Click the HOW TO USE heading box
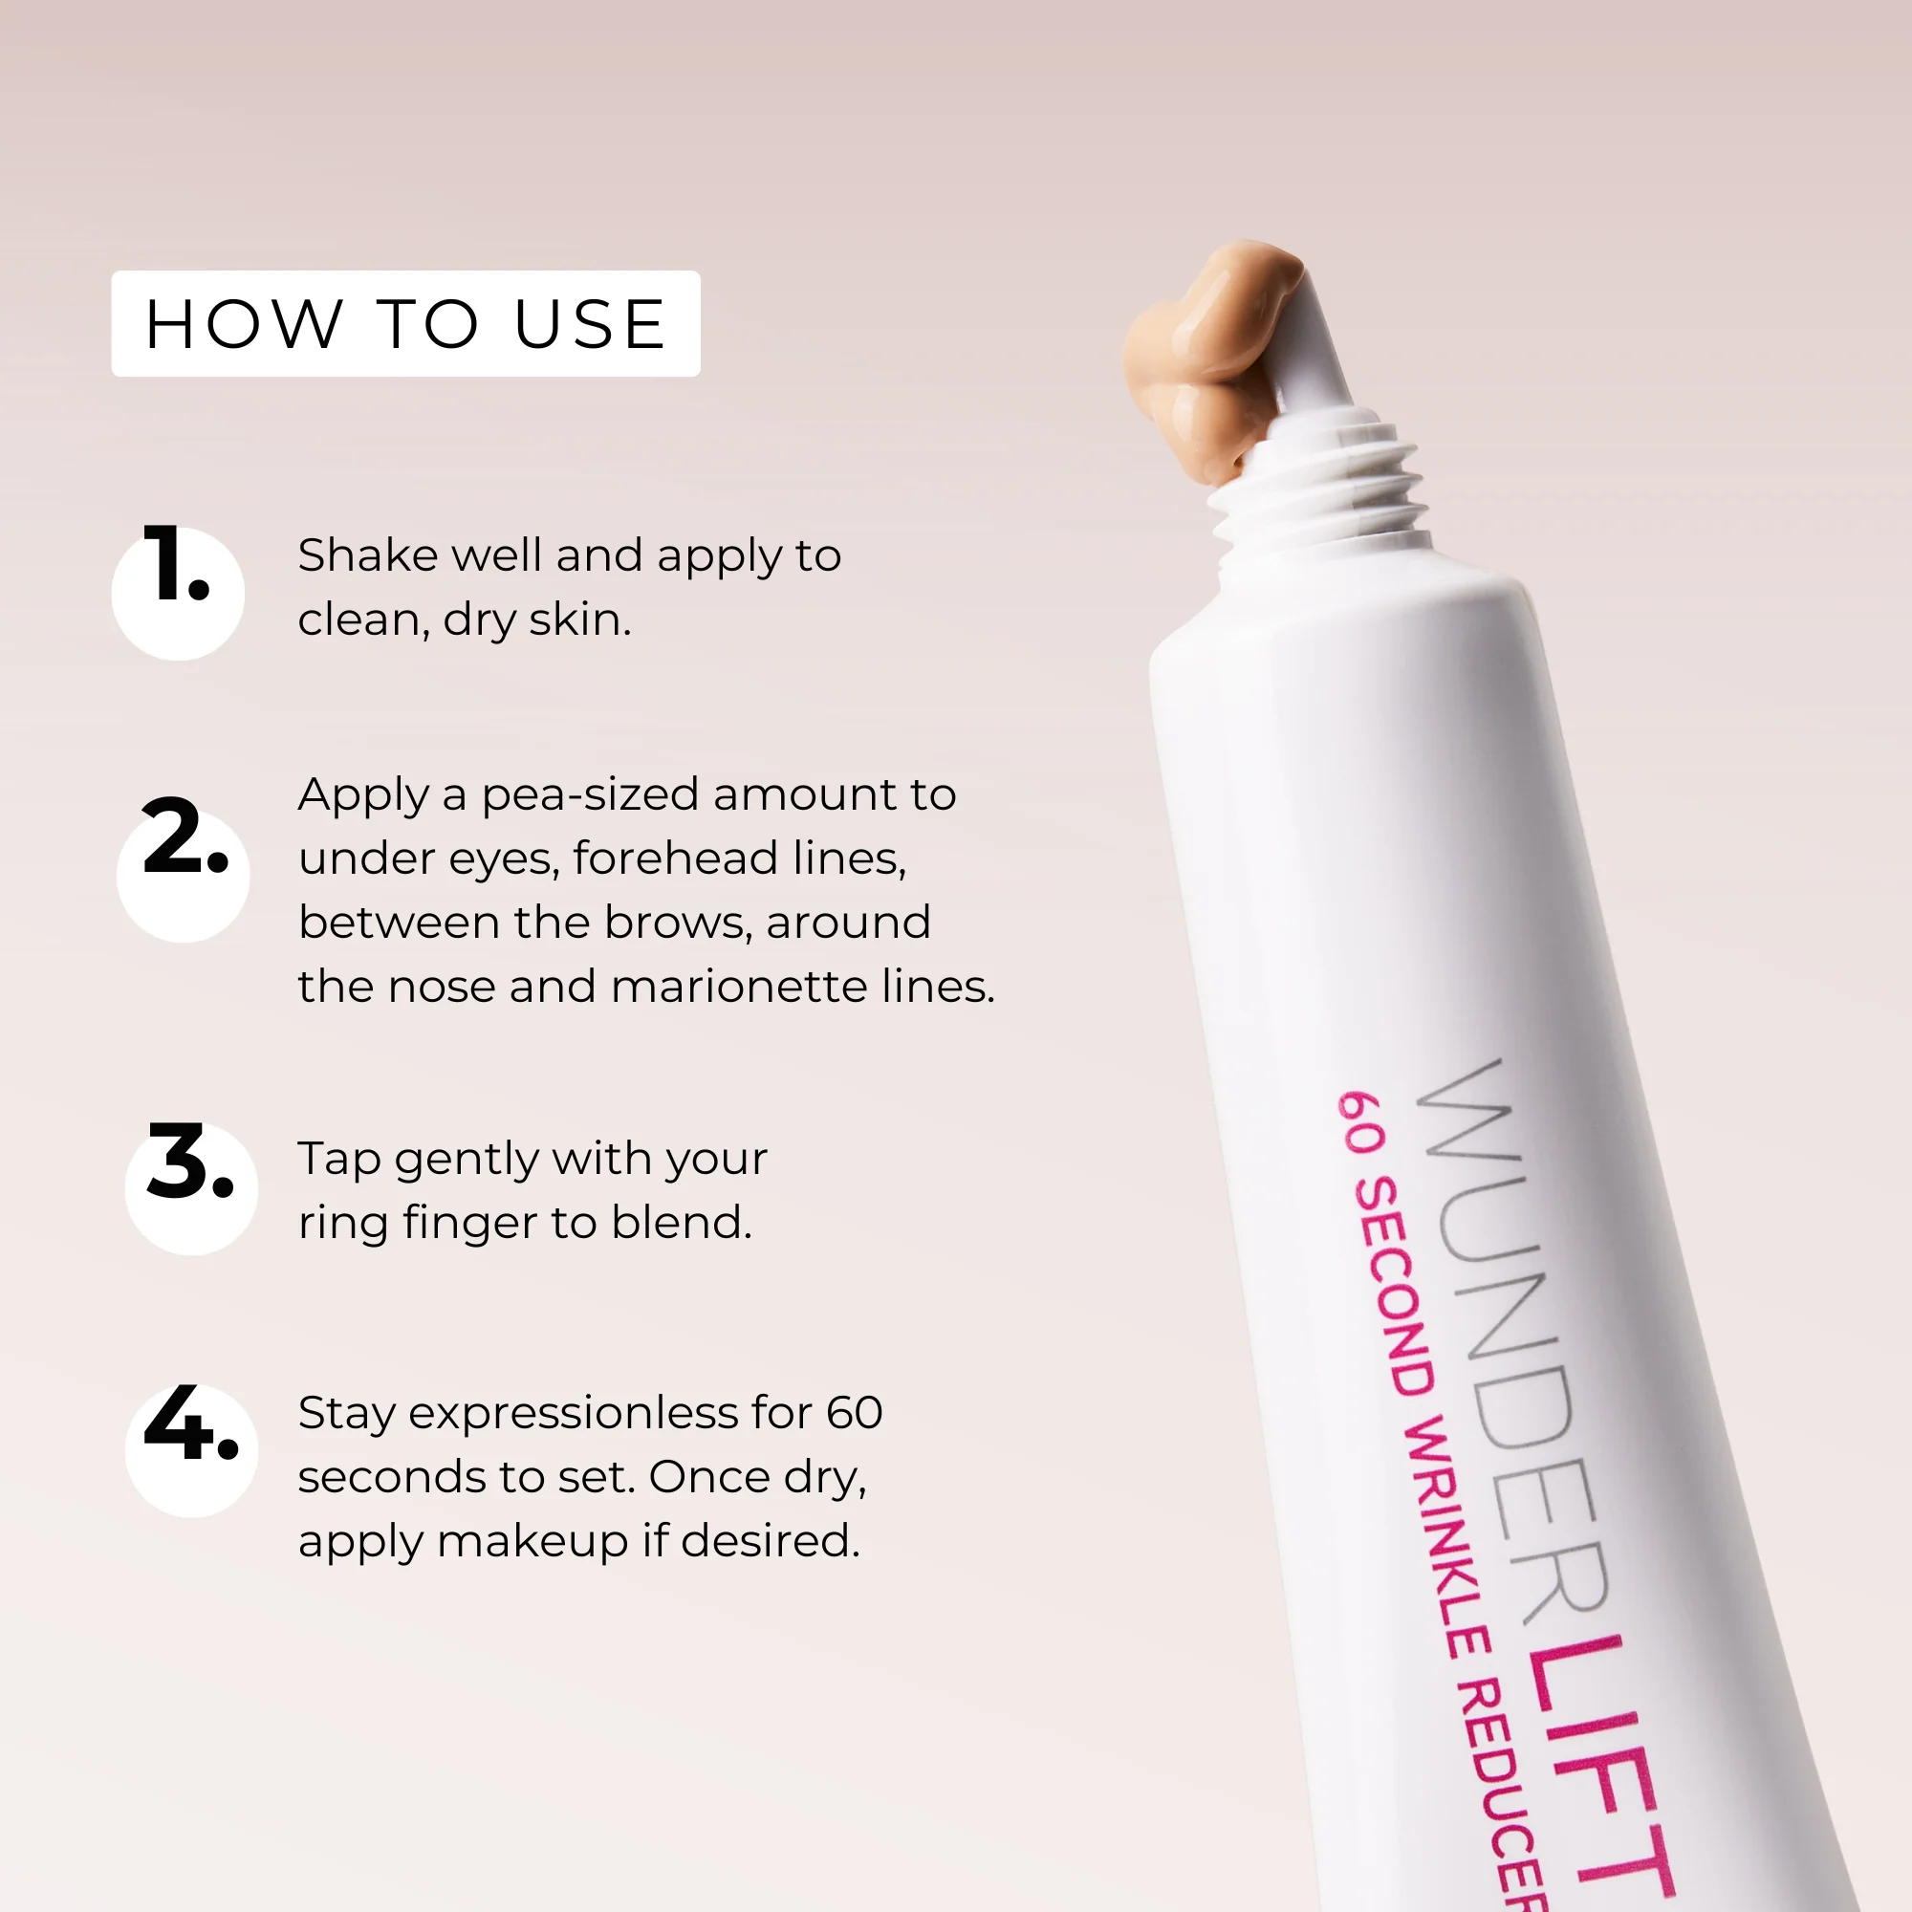coord(404,324)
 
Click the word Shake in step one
coord(367,555)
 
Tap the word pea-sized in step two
coord(590,795)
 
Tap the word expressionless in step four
coord(573,1413)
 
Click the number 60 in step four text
coord(854,1412)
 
